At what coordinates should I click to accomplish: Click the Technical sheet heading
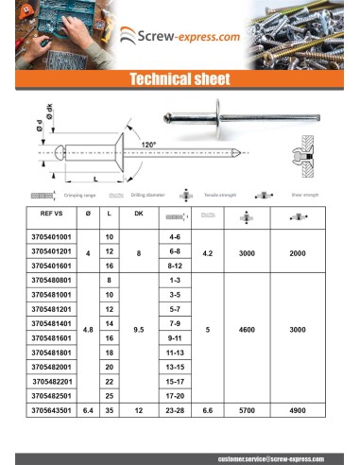click(180, 80)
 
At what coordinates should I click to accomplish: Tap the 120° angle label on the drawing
click(148, 144)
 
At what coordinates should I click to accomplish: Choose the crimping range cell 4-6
click(174, 235)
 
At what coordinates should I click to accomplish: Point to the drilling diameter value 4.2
click(208, 252)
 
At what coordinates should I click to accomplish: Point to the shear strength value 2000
click(299, 252)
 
